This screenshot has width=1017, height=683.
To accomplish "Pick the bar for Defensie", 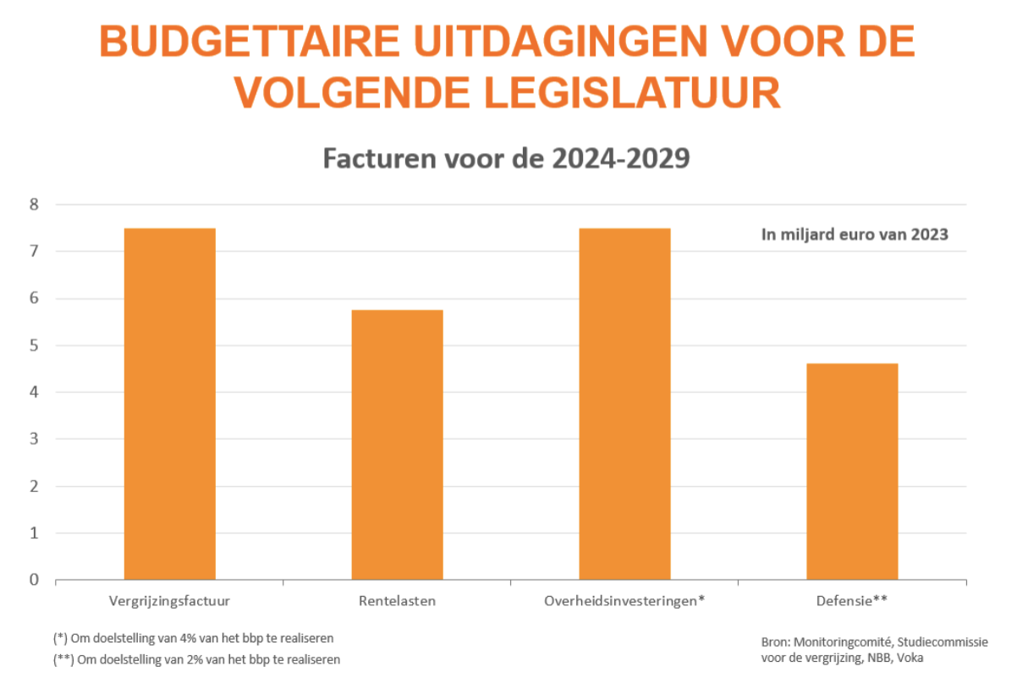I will pyautogui.click(x=852, y=472).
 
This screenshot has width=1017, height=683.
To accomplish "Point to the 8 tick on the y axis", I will pyautogui.click(x=35, y=205).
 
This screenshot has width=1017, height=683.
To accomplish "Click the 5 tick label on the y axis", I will pyautogui.click(x=35, y=345).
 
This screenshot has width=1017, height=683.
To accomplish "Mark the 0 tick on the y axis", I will pyautogui.click(x=35, y=580).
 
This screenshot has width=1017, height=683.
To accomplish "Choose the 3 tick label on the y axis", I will pyautogui.click(x=35, y=439).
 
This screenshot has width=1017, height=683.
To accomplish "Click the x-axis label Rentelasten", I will pyautogui.click(x=397, y=601).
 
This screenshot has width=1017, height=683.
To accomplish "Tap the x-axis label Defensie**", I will pyautogui.click(x=852, y=601).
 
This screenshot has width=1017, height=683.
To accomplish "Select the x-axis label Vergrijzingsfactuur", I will pyautogui.click(x=170, y=601).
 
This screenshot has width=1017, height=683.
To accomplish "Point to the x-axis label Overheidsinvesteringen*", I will pyautogui.click(x=624, y=601).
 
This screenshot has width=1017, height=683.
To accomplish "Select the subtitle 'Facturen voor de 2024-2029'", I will pyautogui.click(x=506, y=159).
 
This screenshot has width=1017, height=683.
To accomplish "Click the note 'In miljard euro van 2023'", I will pyautogui.click(x=855, y=235).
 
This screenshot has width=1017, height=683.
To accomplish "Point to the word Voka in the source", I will pyautogui.click(x=911, y=658).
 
